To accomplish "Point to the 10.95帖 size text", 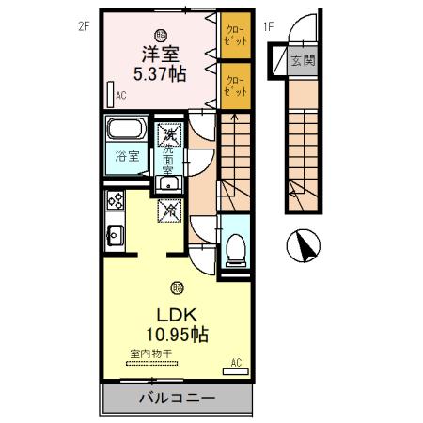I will [176, 334].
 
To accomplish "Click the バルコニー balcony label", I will [176, 397].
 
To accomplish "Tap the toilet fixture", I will [235, 248].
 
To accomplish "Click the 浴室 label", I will [127, 155].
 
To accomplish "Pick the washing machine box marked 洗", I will [170, 136].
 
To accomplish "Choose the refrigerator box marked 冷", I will [170, 211].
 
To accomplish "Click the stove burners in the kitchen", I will [116, 199].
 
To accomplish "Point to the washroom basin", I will [169, 180].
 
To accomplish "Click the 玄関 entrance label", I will [301, 62].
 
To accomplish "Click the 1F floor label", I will [269, 27].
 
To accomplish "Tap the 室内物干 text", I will [150, 353].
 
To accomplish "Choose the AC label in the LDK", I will [236, 362].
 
